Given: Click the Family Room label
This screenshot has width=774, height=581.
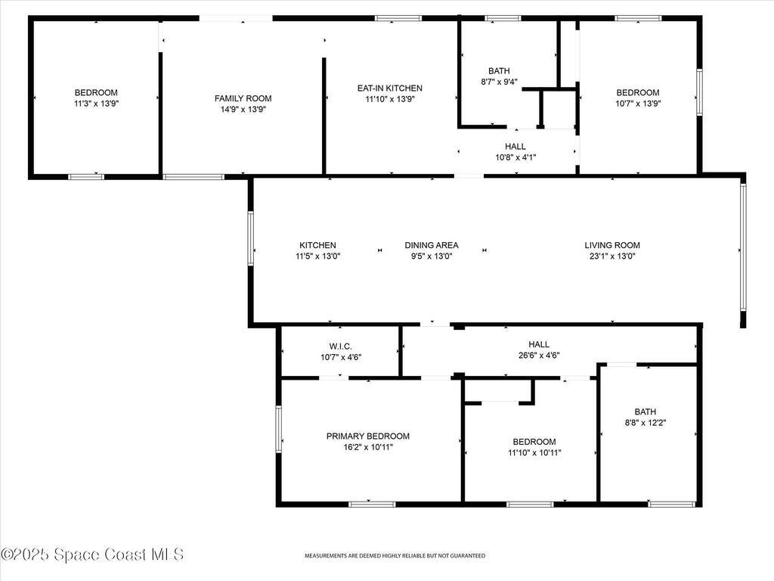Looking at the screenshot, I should [x=243, y=98].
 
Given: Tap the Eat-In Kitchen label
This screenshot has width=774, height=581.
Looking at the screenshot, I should [x=389, y=88].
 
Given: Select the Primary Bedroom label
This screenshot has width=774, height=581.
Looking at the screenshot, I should [x=367, y=436].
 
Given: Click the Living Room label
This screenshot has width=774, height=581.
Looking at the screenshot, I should [x=611, y=245].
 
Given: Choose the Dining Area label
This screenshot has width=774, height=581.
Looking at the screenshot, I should [x=431, y=245].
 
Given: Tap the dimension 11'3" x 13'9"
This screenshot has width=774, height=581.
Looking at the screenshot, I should [x=95, y=104].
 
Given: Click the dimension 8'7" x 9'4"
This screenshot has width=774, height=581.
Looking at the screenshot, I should [x=499, y=82].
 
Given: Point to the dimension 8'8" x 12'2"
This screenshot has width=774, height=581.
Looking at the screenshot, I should [x=645, y=423].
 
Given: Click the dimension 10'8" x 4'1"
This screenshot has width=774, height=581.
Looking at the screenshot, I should [x=515, y=157].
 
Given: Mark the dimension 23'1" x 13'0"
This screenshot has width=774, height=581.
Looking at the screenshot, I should [x=611, y=256].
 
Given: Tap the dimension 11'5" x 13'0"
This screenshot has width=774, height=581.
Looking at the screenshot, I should [x=317, y=256].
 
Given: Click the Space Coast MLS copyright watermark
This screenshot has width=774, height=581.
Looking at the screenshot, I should [x=92, y=555].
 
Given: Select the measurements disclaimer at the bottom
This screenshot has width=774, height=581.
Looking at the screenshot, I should [x=395, y=556].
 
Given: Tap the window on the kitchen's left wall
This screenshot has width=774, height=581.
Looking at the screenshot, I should [x=250, y=238].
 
